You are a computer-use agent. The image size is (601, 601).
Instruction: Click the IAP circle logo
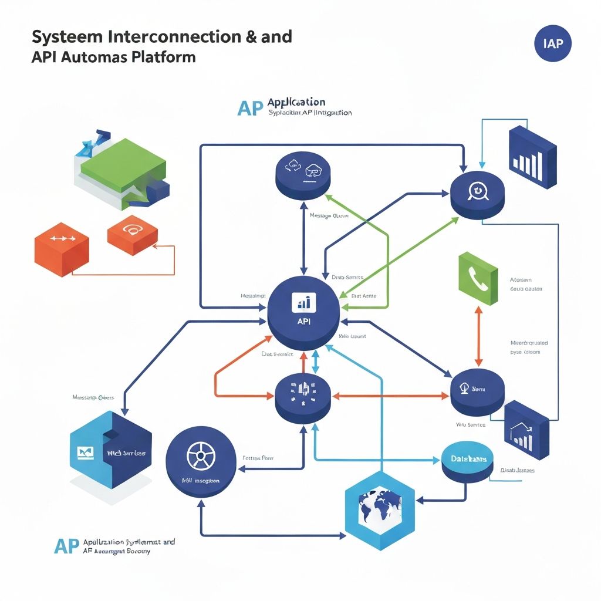point(553,44)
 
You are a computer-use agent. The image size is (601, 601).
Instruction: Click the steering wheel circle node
point(200,460)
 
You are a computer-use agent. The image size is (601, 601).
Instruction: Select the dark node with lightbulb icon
point(477,391)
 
